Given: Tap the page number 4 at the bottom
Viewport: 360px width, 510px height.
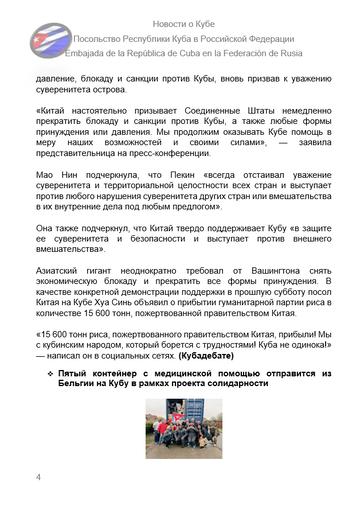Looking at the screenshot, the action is point(37,478).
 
